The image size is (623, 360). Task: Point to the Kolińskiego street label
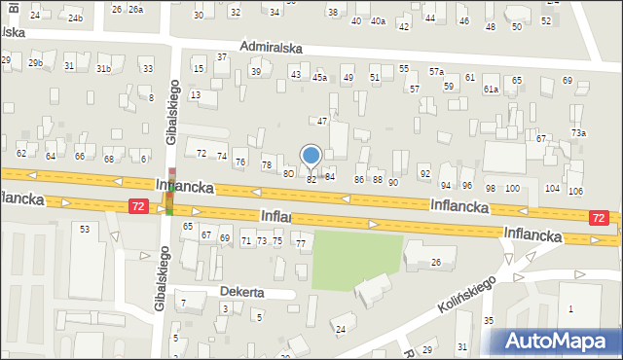coord(467,293)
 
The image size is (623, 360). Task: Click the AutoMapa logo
coord(555,341)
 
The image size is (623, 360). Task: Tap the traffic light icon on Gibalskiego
coord(171,199)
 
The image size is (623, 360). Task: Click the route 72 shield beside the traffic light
coord(138,206)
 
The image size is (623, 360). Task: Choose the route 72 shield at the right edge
coord(600,219)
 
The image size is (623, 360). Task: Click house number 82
coord(311,179)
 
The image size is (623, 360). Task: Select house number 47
coord(322,121)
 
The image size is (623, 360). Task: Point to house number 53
coord(85,229)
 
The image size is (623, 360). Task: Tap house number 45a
coord(318,77)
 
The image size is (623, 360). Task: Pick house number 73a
coord(579,133)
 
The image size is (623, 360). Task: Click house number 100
coord(512,188)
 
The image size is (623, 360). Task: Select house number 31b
coord(103,67)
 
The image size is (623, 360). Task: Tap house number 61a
coord(492,90)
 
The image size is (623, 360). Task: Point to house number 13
coord(196,94)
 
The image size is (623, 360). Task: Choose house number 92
coord(424,173)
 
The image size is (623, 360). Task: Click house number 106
coord(575,191)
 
